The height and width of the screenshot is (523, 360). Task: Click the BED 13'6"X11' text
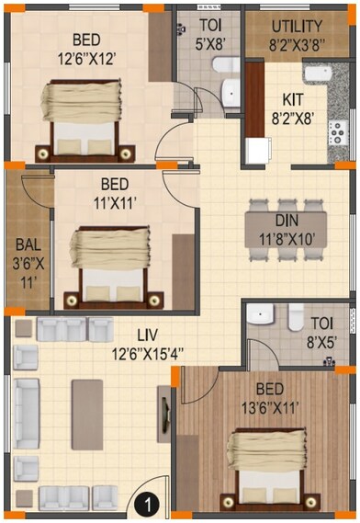point(269,395)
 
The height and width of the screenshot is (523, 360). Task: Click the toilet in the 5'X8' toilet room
point(228,85)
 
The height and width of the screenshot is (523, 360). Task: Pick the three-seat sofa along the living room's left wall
point(27,415)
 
